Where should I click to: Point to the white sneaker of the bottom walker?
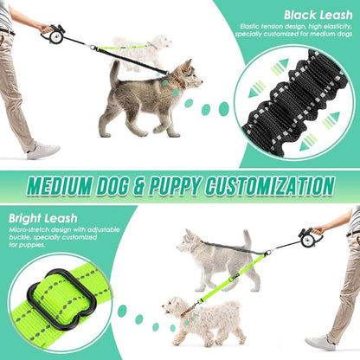tap(321, 342)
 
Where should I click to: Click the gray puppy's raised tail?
tap(113, 74)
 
